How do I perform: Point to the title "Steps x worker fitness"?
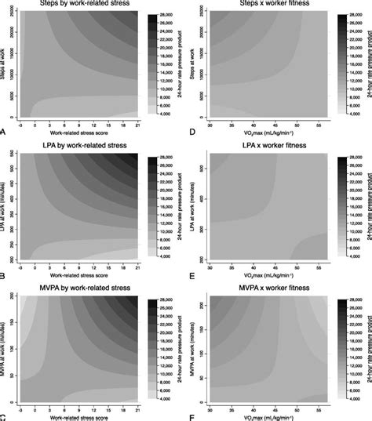tap(262, 6)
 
